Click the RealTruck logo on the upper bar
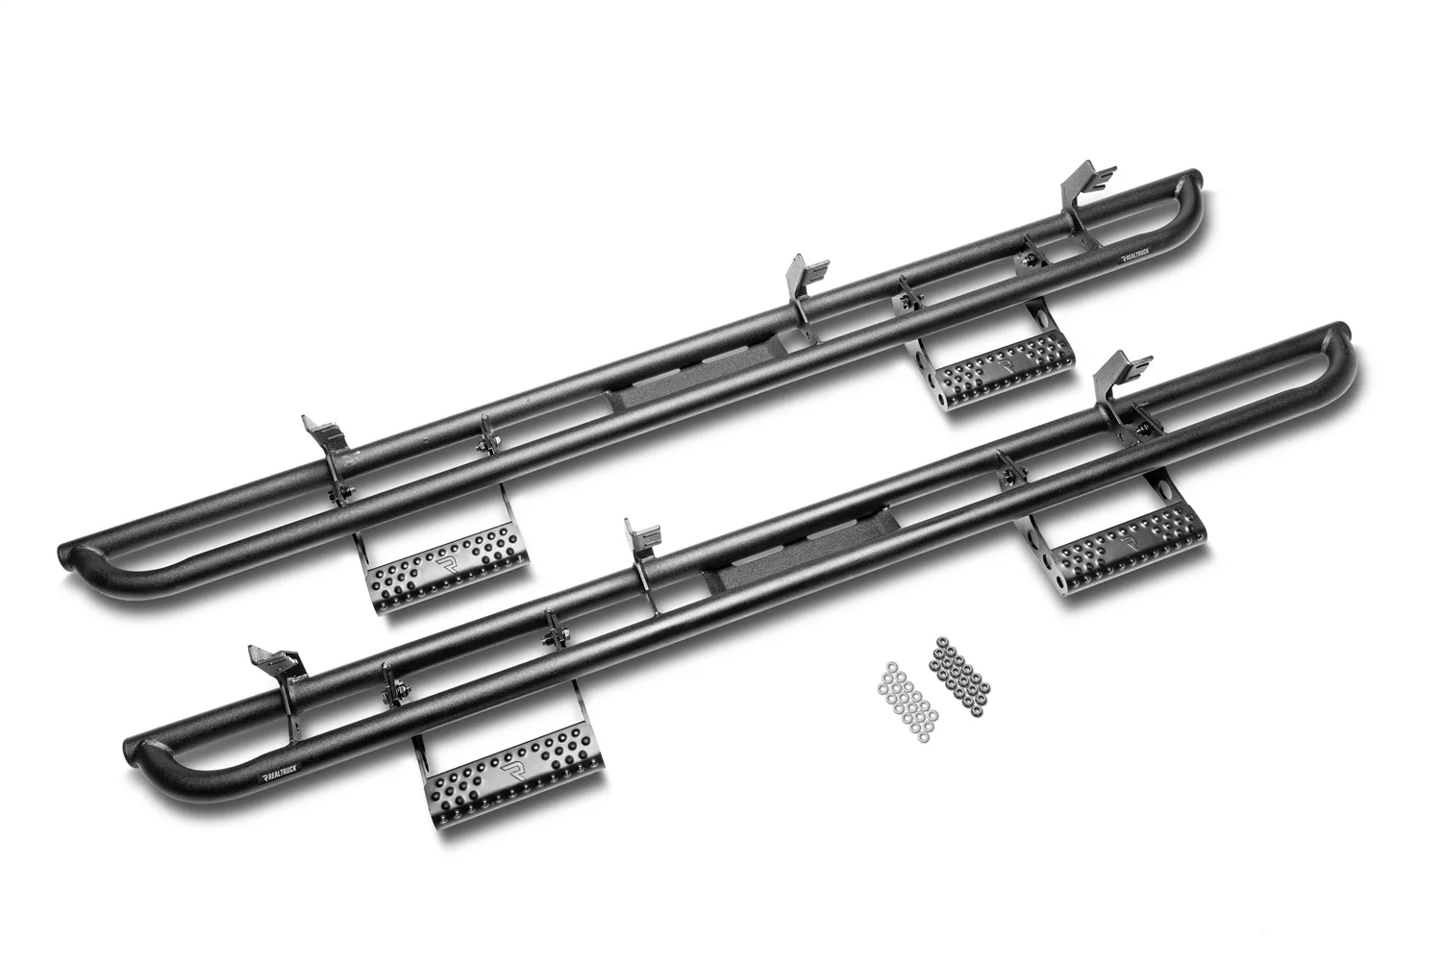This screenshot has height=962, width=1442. tap(1142, 258)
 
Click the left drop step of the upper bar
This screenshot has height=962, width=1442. tap(447, 573)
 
